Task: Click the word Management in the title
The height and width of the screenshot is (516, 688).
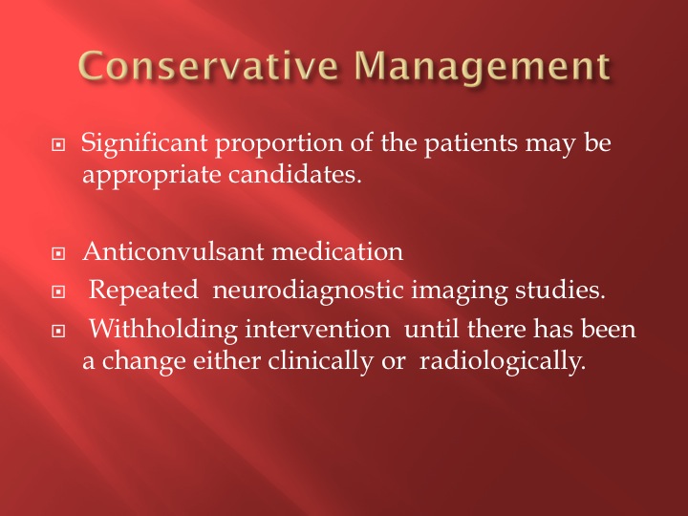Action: tap(482, 67)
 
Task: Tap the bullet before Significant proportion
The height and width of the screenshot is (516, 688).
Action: tap(58, 144)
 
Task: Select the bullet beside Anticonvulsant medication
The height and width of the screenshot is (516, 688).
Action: tap(58, 253)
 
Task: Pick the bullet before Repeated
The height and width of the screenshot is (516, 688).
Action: tap(58, 291)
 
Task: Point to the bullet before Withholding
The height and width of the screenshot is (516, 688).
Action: tap(58, 331)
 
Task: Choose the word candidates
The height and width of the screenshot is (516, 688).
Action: tap(295, 174)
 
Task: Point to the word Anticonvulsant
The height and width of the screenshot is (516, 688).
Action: tap(173, 251)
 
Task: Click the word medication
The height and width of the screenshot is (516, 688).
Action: tap(337, 251)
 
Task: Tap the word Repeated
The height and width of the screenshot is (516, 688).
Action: tap(143, 291)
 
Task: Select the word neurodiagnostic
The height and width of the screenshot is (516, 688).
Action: tap(308, 291)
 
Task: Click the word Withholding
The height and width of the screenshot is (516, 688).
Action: tap(163, 330)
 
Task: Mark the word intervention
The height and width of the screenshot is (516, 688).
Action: tap(317, 329)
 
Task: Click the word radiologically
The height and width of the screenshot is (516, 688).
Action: tap(503, 362)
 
